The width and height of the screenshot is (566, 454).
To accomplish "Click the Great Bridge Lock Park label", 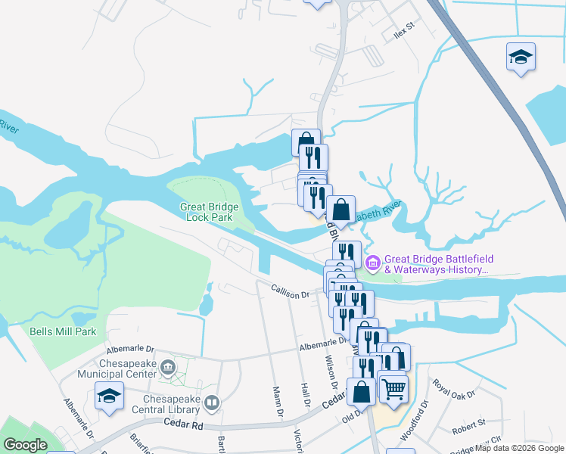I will (210, 212).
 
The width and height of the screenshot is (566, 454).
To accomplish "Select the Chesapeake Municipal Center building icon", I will (168, 367).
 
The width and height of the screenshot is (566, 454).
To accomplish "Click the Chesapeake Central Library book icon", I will (213, 403).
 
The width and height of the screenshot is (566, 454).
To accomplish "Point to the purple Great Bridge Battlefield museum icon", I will (372, 263).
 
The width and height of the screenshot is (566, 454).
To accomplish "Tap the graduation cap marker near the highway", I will (521, 57).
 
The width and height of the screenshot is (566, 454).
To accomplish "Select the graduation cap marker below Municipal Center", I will (109, 396).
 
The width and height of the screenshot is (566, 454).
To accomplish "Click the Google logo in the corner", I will (25, 445).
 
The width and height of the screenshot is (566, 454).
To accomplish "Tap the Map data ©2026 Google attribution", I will (519, 449).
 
